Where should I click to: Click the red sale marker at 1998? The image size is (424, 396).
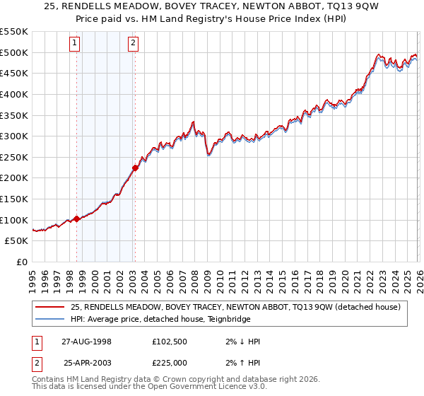click(x=77, y=219)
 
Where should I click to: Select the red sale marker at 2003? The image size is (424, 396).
click(x=135, y=168)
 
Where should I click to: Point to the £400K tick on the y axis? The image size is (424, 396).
click(x=14, y=94)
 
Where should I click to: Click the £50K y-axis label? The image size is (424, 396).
click(x=17, y=241)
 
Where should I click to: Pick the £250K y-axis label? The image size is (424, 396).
click(x=14, y=157)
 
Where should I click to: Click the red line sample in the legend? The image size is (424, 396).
click(x=52, y=307)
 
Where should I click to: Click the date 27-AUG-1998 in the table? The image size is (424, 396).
click(x=86, y=342)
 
